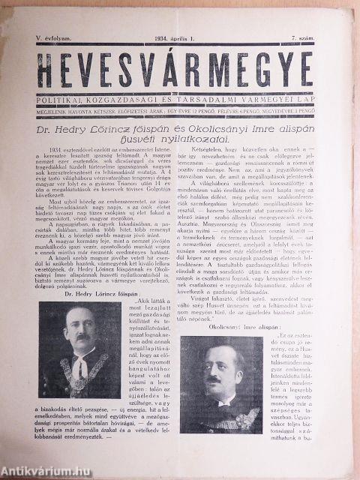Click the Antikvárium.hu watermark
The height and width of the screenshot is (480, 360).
[37, 471]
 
